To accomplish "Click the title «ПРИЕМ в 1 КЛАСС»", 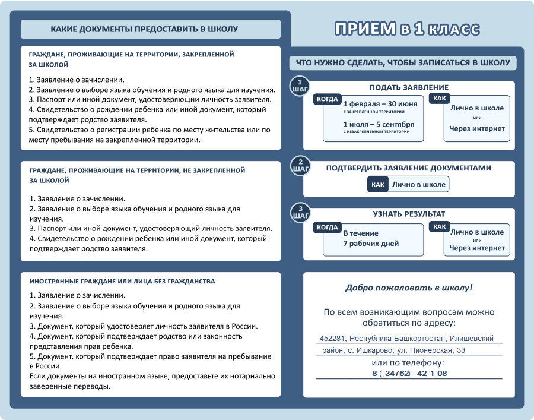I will point(406,29).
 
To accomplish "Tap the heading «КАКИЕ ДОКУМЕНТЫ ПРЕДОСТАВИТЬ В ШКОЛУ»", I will point(144,29).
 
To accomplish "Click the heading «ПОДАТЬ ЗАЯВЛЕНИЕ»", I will point(409,87).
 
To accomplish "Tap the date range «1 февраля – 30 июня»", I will point(380,103).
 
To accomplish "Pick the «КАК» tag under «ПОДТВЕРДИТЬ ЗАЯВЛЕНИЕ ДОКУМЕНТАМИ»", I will point(378,185).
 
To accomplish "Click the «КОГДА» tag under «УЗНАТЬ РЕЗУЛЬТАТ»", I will point(328,227).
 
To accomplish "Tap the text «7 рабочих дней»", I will point(371,244).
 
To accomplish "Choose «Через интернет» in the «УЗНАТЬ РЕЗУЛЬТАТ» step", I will point(476,248).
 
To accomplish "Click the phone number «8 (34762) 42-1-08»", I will point(409,373).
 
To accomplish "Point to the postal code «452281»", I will point(332,338).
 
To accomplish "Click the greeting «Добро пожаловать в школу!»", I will point(409,288).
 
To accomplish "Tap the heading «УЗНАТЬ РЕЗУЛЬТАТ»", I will point(409,214).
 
